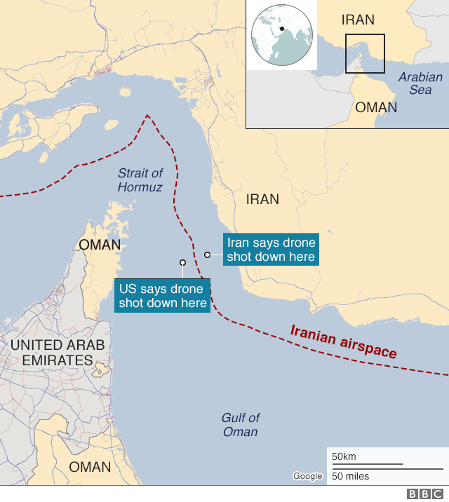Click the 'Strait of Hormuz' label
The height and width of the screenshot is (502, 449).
[x=140, y=180]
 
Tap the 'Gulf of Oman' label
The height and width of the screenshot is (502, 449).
[x=241, y=424]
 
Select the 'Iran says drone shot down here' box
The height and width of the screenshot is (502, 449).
[x=271, y=250]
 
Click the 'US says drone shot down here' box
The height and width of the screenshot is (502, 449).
[x=162, y=296]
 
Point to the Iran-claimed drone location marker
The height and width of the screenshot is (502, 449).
[x=207, y=255]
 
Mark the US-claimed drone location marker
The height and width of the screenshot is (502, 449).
[x=182, y=263]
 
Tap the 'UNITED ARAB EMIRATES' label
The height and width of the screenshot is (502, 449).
[x=57, y=353]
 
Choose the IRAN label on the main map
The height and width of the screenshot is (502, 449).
[x=262, y=200]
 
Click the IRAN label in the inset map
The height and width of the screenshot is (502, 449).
[x=358, y=20]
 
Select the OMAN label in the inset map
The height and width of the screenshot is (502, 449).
[x=376, y=107]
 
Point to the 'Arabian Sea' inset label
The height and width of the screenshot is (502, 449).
[x=420, y=83]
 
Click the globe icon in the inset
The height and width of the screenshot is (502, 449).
[x=281, y=34]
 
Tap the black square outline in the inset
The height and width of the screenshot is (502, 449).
[x=365, y=53]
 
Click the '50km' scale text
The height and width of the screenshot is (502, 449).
[x=344, y=457]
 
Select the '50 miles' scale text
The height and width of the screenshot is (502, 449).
[x=350, y=476]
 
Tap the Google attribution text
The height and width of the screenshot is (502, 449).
[x=307, y=476]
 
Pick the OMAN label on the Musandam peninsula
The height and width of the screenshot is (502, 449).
[x=100, y=245]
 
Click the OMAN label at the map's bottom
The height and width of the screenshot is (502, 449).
[x=90, y=467]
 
